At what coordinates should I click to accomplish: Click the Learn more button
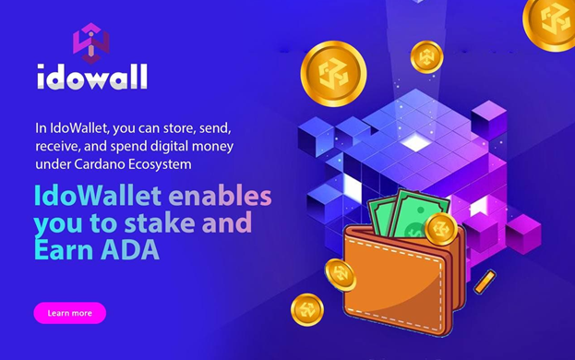pos(69,313)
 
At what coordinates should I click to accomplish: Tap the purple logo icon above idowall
pos(90,42)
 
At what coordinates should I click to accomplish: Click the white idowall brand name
pos(91,78)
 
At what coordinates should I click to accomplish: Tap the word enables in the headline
pos(221,196)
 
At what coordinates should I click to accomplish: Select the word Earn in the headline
pos(65,249)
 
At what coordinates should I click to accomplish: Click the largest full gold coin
pos(332,74)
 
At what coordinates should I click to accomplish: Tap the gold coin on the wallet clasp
pos(441,228)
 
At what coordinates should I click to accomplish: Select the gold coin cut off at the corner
pos(552,20)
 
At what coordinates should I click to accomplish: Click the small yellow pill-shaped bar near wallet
pos(484,281)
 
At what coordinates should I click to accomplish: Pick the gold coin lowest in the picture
pos(307,310)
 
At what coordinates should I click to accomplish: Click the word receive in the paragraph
pos(58,146)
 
